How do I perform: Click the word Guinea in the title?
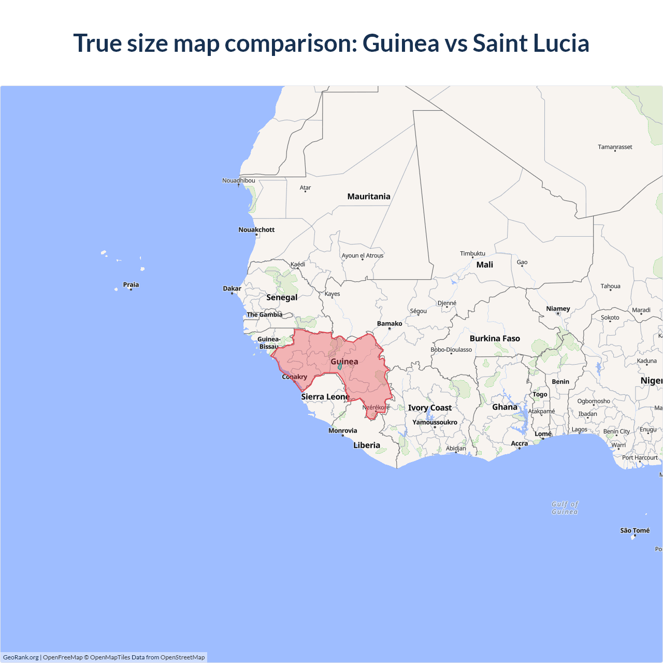400,43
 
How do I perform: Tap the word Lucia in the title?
561,43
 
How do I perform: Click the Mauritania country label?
369,196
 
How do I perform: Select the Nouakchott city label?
256,229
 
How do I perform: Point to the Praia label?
131,284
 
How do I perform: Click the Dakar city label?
232,289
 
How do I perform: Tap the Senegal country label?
282,297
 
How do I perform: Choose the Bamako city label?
390,324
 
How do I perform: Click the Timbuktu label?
472,253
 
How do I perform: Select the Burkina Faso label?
495,338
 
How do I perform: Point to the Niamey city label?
558,309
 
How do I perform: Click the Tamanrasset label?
615,147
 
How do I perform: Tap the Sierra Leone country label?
325,397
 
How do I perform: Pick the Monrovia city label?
342,430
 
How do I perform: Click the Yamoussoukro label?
435,422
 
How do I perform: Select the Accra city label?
519,443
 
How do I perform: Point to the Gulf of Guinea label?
565,508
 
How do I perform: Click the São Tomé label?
635,530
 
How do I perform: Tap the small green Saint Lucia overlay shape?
340,366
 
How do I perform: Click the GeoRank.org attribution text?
21,657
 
